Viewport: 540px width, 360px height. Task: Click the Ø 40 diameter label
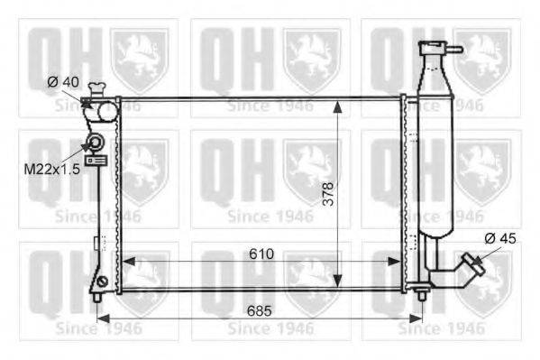tap(63, 82)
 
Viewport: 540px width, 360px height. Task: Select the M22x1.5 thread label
tap(52, 170)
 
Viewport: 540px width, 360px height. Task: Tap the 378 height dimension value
tap(328, 194)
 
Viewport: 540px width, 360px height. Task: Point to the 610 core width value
tap(261, 254)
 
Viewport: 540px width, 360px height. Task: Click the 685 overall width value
tap(260, 311)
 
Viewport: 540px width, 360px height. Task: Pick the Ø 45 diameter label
tap(500, 238)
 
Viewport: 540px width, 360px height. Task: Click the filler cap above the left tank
tap(96, 89)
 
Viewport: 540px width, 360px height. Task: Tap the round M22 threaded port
tap(95, 142)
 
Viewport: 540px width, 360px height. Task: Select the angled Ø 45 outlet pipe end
tap(473, 264)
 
